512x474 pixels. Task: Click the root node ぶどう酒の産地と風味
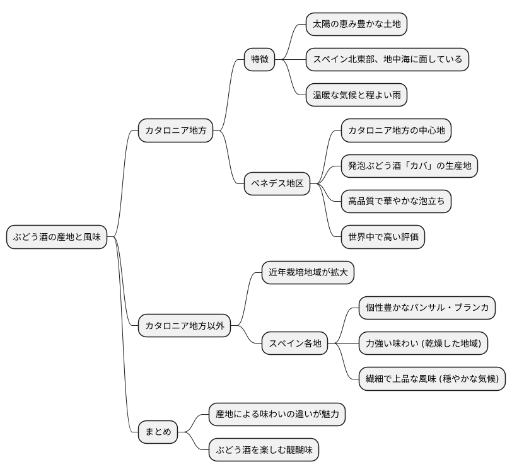[57, 238]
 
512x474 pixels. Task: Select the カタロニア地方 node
[176, 131]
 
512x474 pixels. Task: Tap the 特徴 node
[260, 59]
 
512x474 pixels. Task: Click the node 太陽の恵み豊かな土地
[356, 24]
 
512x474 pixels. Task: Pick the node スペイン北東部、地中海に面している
[387, 60]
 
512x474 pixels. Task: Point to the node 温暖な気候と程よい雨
[356, 96]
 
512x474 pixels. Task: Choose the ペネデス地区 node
[277, 184]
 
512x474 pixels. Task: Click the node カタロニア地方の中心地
[396, 130]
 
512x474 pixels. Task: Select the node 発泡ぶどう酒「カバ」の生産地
[409, 166]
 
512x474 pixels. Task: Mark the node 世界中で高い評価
[382, 238]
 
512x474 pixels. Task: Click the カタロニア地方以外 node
[185, 326]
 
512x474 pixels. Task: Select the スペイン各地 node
[295, 344]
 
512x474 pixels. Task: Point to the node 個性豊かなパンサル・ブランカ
[427, 308]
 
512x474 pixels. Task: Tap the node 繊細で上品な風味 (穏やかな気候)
[432, 379]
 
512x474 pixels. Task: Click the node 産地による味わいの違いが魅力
[277, 414]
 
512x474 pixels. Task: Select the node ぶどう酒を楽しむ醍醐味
[264, 450]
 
